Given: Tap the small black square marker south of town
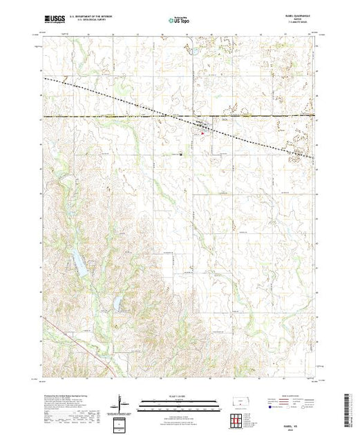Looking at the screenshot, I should click(181, 154).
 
